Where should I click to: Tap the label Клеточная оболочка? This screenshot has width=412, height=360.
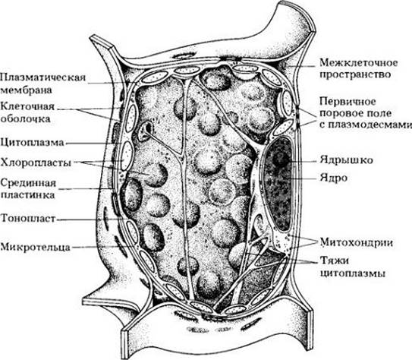click(27, 112)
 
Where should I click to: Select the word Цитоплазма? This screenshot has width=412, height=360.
click(32, 143)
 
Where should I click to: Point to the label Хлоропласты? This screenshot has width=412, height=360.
click(36, 163)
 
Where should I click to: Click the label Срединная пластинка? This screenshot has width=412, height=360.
click(28, 189)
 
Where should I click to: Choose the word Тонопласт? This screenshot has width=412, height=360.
click(28, 218)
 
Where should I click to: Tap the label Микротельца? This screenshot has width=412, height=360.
click(35, 247)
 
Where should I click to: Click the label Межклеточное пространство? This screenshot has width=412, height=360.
click(359, 68)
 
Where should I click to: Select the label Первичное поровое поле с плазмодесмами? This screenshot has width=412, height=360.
click(366, 113)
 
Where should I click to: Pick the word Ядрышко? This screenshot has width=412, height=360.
click(346, 159)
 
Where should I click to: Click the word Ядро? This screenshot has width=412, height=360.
click(333, 178)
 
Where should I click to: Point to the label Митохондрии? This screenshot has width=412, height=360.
click(357, 242)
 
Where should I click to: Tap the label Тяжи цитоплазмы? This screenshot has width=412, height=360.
click(353, 267)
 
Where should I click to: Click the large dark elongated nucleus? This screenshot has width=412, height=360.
click(278, 185)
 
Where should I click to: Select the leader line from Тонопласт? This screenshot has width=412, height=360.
click(90, 219)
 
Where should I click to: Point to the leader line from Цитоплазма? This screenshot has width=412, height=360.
click(93, 144)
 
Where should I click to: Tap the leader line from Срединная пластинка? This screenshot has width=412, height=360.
click(85, 189)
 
